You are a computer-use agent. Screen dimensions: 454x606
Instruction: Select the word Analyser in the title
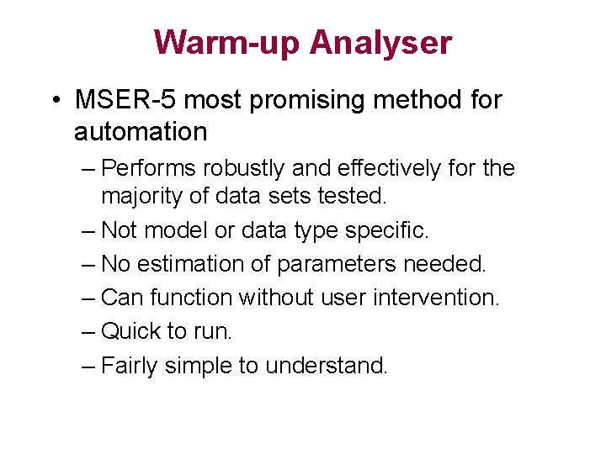(x=380, y=42)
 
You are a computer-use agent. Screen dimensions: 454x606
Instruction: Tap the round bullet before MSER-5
(x=55, y=102)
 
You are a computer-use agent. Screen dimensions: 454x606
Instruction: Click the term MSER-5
(x=126, y=101)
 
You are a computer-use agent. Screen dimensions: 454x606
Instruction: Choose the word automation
(x=140, y=132)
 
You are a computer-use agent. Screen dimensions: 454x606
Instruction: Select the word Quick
(x=131, y=331)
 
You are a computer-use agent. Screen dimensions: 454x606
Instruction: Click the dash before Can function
(x=90, y=298)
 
